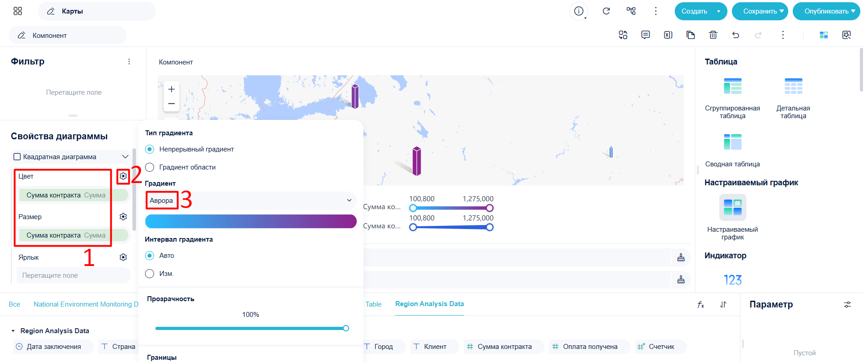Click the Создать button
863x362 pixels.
tap(694, 11)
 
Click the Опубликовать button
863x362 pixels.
tap(826, 11)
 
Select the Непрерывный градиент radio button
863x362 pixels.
tap(150, 149)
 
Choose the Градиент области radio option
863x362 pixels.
tap(150, 167)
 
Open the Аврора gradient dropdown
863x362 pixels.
tap(251, 201)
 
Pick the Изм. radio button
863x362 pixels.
tap(150, 274)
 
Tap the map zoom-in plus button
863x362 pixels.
tap(172, 89)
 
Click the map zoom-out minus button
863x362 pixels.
tap(172, 104)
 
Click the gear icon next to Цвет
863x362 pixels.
tap(123, 176)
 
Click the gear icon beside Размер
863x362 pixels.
tap(123, 217)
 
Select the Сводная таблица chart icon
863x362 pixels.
tap(733, 142)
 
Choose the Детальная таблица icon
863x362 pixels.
tap(793, 86)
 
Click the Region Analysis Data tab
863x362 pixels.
tap(429, 304)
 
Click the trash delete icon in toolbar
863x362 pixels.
tap(713, 35)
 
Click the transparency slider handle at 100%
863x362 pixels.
tap(346, 328)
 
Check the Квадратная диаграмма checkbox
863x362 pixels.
tap(17, 157)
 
